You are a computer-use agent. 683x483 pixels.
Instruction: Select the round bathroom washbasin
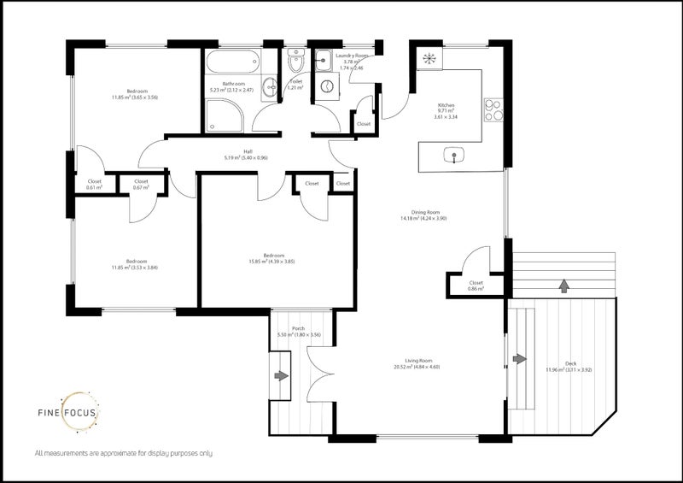click(268, 85)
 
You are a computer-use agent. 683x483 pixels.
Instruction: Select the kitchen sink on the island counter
click(456, 156)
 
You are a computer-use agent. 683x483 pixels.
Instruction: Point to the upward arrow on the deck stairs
click(563, 286)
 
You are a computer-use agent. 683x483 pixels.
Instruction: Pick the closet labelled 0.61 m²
click(94, 184)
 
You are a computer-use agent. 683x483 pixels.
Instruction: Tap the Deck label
click(569, 366)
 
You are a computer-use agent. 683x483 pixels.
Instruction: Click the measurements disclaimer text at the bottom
click(123, 452)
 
